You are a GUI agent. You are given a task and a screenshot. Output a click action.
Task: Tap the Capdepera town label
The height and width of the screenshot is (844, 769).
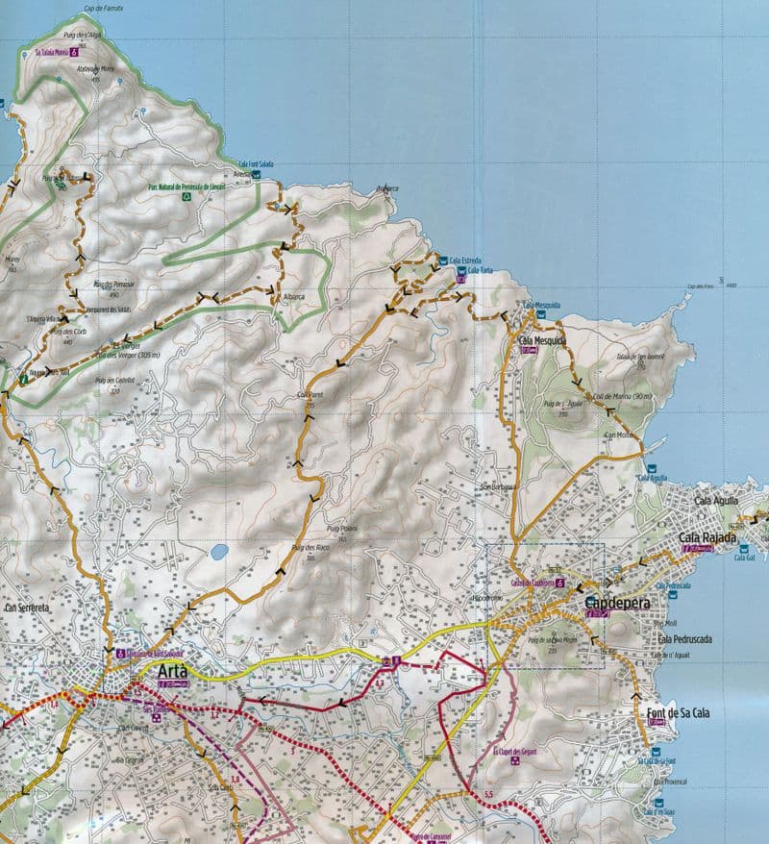click(617, 603)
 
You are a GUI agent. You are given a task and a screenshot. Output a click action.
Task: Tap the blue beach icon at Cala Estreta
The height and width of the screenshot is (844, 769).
click(443, 260)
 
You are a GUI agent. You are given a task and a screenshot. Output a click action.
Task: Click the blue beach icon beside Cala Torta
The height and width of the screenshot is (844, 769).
click(460, 272)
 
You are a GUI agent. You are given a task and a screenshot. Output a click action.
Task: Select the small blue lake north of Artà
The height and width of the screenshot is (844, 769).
click(219, 552)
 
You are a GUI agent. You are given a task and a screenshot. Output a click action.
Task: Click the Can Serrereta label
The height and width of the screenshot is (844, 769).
click(25, 608)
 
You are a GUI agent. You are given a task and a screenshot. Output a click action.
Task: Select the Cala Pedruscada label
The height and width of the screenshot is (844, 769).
click(685, 638)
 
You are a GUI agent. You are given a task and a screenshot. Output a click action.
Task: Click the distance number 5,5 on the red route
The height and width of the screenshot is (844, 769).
click(488, 794)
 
